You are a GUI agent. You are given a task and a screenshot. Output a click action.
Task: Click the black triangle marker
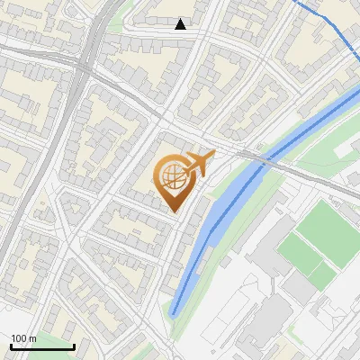(181, 24)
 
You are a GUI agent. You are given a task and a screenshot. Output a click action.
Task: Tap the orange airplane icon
(199, 165)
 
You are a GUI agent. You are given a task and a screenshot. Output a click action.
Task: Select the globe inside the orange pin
(172, 176)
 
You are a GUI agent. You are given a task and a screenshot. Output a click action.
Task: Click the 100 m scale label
(23, 337)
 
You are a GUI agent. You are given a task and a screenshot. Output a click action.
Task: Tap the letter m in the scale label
(32, 337)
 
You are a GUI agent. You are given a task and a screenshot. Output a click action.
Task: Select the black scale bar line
(42, 346)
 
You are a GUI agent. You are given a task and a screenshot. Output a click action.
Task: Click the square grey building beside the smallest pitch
(298, 288)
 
